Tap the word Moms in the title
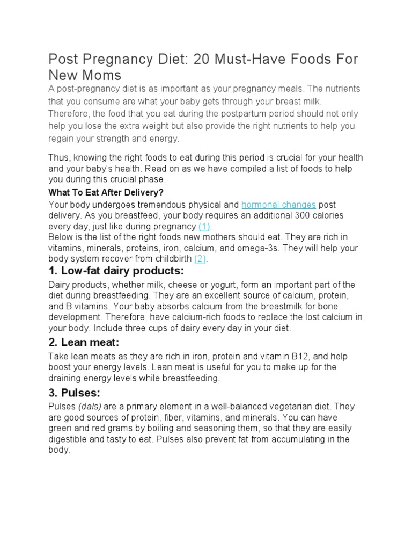click(102, 74)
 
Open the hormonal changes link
click(278, 205)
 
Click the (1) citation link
click(204, 226)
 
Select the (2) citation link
click(200, 258)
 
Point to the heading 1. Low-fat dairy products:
click(116, 270)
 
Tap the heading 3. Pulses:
click(74, 393)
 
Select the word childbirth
click(170, 258)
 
